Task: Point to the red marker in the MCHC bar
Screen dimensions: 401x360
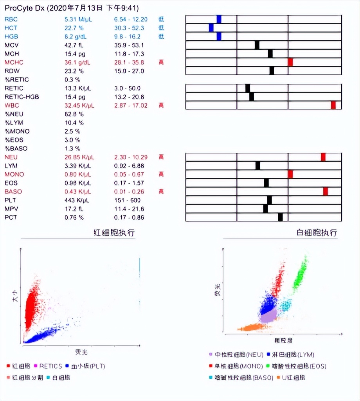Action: (290, 62)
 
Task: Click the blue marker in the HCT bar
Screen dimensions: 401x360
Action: (211, 28)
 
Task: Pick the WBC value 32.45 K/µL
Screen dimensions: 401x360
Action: (79, 105)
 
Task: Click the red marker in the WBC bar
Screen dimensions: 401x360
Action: (333, 105)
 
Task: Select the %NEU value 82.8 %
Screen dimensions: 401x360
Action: (74, 114)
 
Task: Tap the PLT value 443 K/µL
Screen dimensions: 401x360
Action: (77, 200)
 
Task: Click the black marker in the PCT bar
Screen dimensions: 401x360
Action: (280, 217)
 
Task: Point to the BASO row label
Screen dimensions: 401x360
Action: (13, 191)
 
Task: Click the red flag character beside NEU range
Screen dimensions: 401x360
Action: (161, 157)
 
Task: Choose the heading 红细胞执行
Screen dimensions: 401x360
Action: (114, 233)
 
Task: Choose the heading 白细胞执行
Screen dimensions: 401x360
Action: (317, 233)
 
